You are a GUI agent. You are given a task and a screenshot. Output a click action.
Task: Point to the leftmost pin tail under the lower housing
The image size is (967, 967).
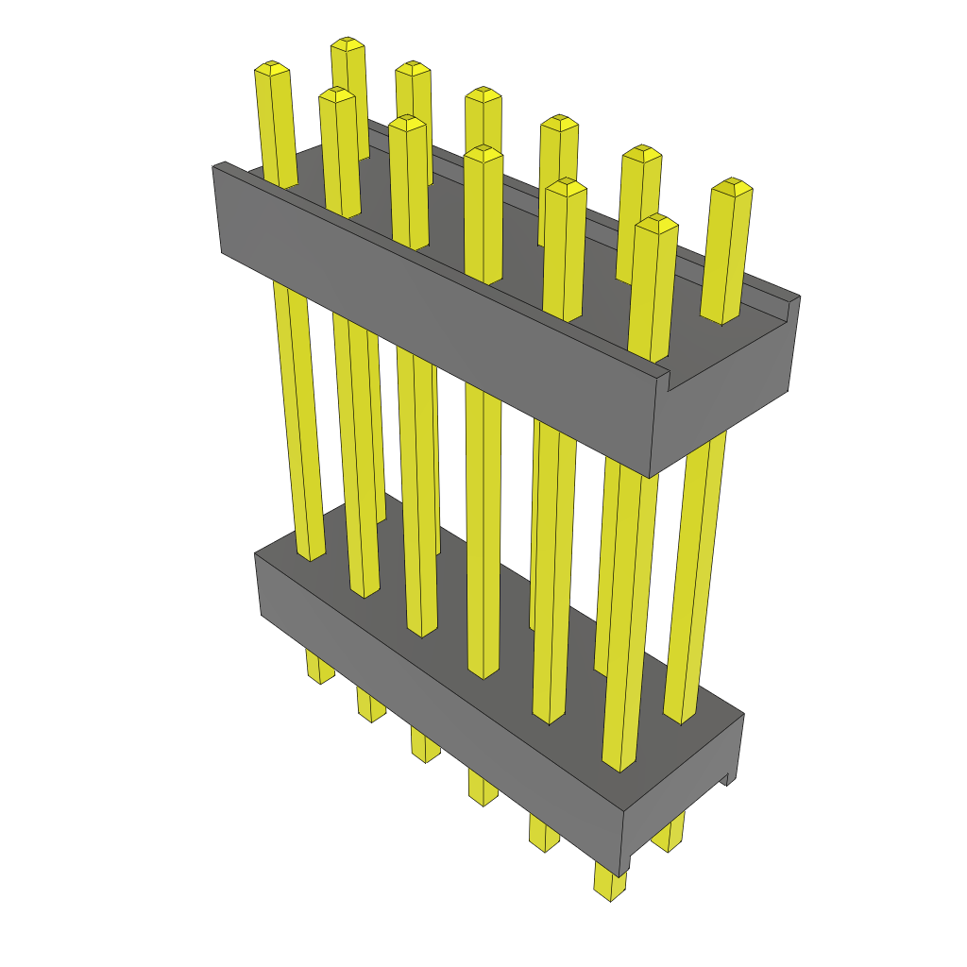point(320,668)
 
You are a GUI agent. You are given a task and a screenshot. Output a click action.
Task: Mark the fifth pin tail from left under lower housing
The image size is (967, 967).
point(544,833)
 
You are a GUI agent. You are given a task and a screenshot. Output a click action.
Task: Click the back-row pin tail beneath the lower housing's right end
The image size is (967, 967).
point(669,835)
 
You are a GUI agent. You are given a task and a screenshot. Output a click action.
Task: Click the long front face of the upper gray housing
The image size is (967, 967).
point(434,321)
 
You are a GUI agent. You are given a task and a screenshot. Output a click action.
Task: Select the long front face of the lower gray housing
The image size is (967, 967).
point(434,708)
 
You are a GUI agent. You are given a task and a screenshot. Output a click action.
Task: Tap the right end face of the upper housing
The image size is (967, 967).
point(727,397)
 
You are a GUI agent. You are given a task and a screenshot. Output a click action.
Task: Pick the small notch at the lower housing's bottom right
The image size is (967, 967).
point(727,778)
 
